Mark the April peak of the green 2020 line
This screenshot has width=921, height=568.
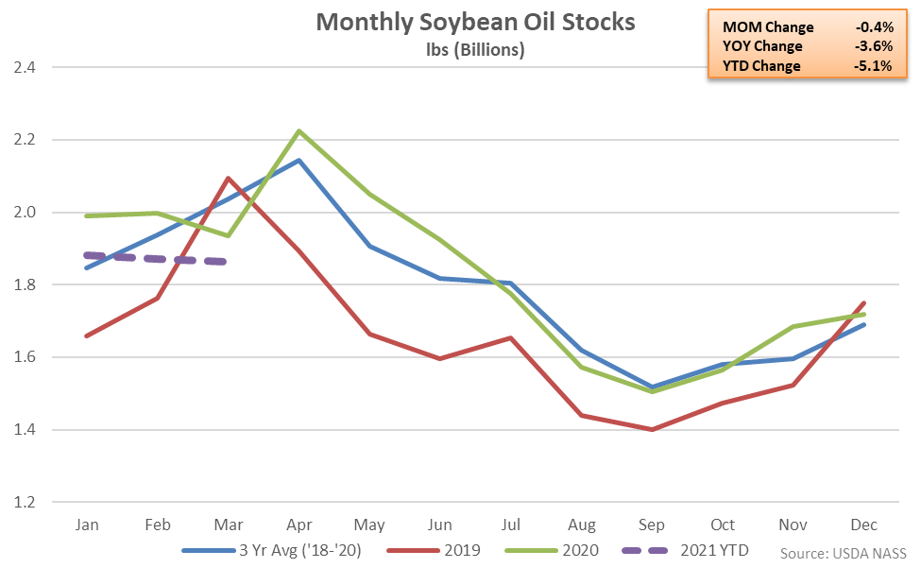tap(298, 131)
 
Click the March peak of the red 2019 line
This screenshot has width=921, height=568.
tap(228, 178)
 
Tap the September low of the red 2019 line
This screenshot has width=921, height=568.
tap(651, 430)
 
